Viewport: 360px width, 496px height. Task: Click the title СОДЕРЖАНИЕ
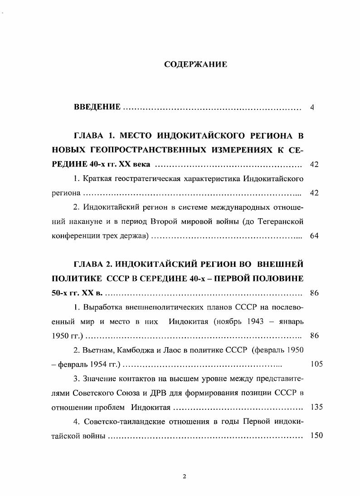click(195, 64)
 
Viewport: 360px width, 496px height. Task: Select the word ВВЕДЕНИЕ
click(97, 108)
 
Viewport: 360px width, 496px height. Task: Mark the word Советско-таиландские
click(122, 421)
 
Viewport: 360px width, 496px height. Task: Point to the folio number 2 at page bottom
click(184, 476)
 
